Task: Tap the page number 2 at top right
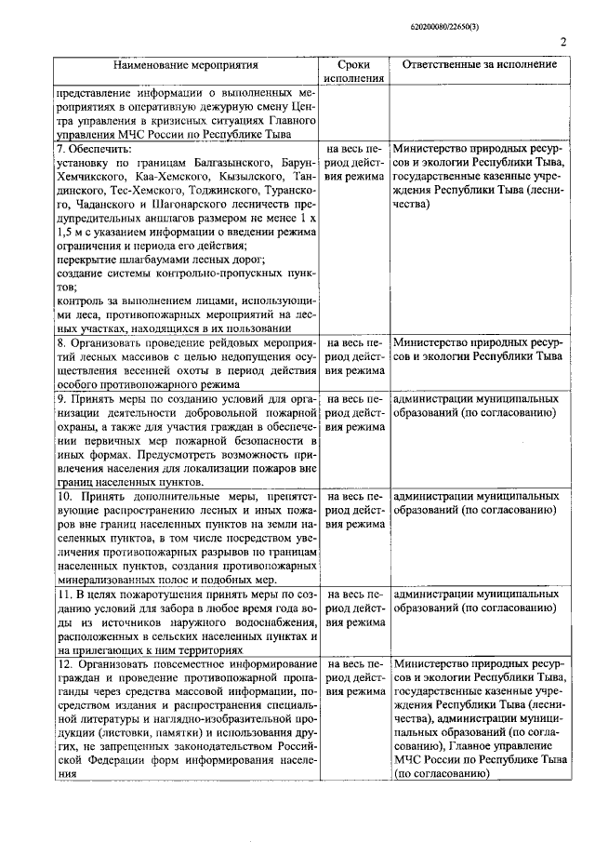point(563,40)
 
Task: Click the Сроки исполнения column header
point(353,72)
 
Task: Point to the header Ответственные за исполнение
point(480,65)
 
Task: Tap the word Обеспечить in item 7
point(100,149)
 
